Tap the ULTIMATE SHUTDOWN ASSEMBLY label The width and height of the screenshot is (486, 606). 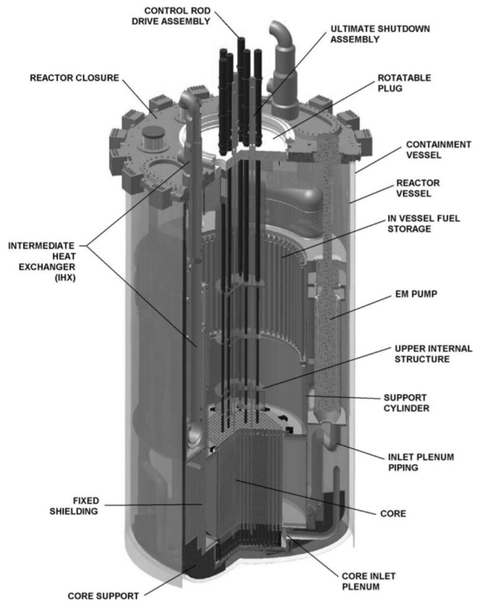(380, 34)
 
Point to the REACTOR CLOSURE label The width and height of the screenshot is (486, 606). (74, 78)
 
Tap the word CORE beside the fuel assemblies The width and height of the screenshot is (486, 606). (392, 513)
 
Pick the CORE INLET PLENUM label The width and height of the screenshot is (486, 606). (368, 582)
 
